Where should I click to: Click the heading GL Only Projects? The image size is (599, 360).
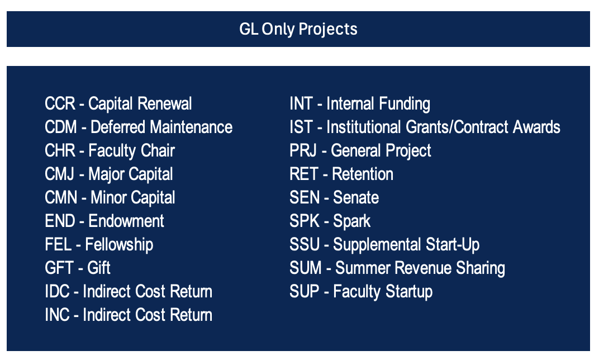298,29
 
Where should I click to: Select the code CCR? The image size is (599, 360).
60,103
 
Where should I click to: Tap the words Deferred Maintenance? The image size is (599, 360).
161,127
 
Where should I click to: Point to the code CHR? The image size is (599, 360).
60,150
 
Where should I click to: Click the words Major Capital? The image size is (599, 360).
131,174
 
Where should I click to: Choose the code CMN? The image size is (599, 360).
61,197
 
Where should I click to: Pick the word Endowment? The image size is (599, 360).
126,221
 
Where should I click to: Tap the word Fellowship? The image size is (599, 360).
119,245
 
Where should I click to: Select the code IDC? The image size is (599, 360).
58,291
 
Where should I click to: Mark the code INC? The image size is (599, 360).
58,315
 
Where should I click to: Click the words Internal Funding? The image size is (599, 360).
378,104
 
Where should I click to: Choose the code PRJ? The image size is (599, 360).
303,150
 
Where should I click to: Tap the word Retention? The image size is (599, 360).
363,174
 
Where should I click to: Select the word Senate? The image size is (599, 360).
355,197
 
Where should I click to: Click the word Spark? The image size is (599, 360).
352,221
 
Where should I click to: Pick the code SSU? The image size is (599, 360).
305,245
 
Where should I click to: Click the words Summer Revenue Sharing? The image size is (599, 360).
420,268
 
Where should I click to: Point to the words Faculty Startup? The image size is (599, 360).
383,292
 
